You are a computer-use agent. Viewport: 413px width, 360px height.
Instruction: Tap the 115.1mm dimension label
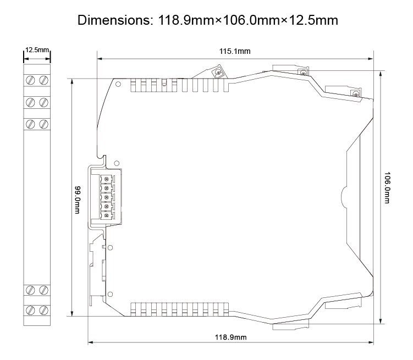[235, 52]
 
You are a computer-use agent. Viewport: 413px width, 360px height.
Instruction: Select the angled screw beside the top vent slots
[218, 73]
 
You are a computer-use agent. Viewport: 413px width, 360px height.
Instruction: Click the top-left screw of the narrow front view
[31, 80]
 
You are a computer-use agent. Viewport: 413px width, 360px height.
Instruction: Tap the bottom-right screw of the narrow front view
[43, 309]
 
